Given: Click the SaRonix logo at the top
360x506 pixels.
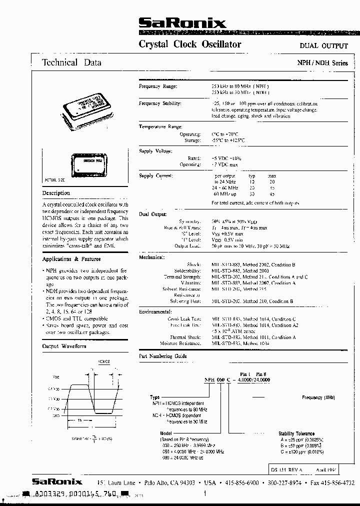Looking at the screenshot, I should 182,22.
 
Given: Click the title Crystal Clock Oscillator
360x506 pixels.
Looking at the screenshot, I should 190,44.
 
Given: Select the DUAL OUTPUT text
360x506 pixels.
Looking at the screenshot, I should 323,45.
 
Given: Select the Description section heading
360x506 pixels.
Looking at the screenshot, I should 56,193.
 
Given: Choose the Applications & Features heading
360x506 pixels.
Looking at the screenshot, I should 71,259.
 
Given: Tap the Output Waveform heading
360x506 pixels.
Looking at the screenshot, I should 64,346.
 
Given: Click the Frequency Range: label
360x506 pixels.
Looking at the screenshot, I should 158,86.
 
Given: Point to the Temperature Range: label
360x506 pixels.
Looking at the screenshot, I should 160,127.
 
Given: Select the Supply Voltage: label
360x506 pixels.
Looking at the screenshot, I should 155,151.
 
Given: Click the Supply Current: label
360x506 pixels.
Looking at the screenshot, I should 156,176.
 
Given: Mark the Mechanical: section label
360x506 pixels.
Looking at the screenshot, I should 151,257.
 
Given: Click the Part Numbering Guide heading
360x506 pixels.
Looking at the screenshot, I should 162,356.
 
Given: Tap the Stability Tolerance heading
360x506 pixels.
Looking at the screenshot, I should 296,433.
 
